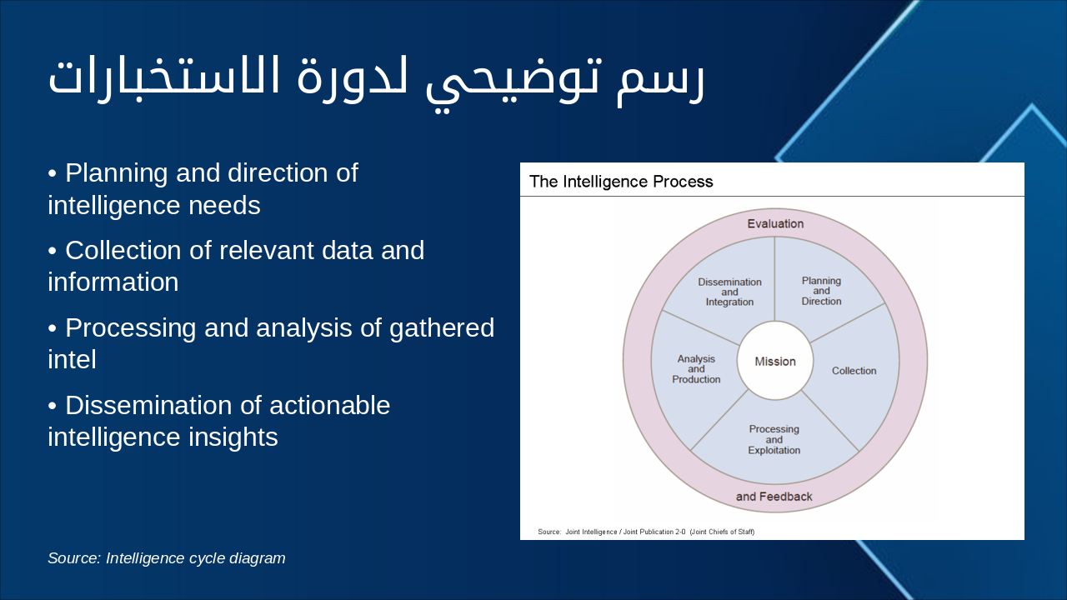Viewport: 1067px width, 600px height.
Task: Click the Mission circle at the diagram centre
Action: coord(775,361)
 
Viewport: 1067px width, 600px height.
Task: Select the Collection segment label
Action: coord(854,371)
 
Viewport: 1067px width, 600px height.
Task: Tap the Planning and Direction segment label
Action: coord(821,291)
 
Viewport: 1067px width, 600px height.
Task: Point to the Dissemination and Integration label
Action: coord(729,292)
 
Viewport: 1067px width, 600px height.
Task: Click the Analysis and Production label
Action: coord(696,369)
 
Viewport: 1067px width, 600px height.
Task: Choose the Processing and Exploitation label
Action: coord(774,439)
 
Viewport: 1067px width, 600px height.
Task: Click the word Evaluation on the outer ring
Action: coord(775,223)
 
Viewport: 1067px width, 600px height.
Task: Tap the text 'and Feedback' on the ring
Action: coord(774,497)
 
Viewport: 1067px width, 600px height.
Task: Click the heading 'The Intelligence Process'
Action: coord(621,182)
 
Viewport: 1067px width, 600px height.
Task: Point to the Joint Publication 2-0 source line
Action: coord(646,532)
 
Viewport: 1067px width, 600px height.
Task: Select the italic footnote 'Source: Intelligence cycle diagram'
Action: coord(166,558)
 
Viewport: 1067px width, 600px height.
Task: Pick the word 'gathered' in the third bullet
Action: coord(442,328)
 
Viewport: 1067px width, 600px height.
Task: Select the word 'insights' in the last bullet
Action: coord(233,437)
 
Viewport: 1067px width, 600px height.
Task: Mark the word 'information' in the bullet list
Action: coord(113,282)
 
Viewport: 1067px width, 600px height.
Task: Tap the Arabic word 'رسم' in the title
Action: coord(661,81)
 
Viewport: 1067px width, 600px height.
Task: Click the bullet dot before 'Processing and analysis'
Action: coord(52,328)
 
